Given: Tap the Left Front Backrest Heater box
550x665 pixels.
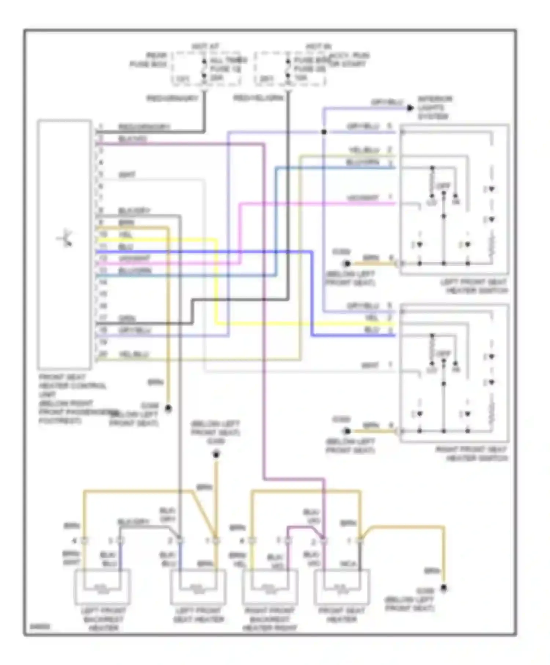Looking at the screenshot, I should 102,586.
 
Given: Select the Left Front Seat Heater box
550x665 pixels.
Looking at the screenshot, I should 198,586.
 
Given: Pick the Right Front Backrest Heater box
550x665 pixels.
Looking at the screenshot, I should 270,586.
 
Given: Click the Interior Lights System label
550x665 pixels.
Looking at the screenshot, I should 434,107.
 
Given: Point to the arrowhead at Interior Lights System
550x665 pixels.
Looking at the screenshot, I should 410,108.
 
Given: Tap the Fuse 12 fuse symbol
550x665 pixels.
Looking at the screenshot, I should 204,69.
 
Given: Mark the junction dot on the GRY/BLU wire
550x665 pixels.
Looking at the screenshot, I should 324,132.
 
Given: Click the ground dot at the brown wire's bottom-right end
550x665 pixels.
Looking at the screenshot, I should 444,588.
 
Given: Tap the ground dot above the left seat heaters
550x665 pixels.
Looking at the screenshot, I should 216,455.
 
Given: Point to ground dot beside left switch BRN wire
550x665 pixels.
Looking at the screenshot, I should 347,264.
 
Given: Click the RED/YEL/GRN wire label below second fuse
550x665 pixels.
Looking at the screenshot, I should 258,98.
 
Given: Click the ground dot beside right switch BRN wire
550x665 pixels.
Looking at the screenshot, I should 347,431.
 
